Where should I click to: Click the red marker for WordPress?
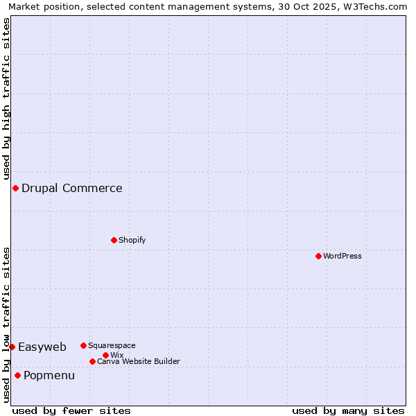318,256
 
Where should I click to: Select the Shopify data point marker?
114,240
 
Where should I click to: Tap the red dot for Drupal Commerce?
15,188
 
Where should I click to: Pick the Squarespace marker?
83,345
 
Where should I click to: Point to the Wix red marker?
105,355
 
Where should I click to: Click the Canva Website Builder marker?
92,361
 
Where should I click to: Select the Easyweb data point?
12,347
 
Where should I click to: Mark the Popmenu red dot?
17,375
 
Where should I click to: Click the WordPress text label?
343,256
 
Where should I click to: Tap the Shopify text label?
132,240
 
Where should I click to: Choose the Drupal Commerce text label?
72,188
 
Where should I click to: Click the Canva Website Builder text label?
139,361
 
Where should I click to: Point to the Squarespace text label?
112,345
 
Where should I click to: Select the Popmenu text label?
49,375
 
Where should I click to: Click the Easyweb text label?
42,347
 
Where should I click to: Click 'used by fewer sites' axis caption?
71,410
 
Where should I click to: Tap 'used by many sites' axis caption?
348,410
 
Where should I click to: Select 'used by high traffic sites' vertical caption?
6,98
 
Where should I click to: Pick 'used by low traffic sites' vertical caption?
6,324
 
